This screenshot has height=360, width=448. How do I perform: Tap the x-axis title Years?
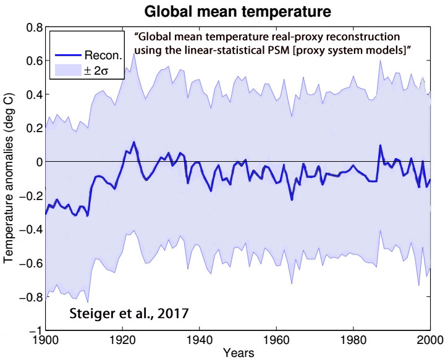238,354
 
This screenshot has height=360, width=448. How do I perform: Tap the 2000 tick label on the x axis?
429,341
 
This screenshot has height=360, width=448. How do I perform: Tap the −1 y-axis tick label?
35,329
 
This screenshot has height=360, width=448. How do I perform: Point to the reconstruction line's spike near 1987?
380,146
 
